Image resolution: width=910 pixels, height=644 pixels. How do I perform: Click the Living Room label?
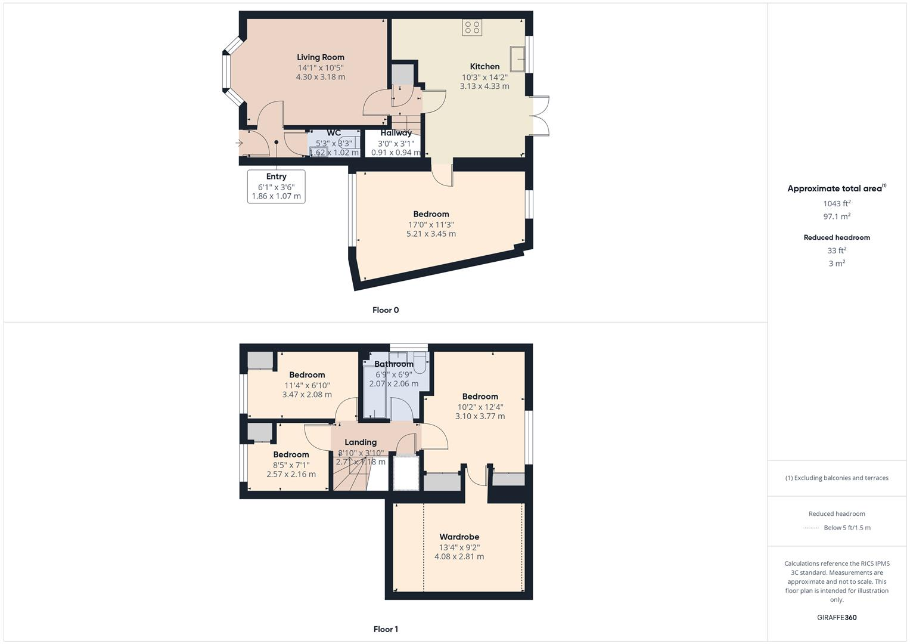321,57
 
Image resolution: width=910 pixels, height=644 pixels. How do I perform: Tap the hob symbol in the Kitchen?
472,27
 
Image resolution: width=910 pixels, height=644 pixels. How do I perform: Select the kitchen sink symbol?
517,58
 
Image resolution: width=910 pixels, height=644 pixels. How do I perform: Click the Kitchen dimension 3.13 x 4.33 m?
484,86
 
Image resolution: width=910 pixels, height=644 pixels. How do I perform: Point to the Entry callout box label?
276,177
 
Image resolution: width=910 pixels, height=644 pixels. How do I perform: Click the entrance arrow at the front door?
240,143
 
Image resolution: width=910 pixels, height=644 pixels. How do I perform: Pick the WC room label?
334,133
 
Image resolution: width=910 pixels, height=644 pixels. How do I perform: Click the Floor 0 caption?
386,310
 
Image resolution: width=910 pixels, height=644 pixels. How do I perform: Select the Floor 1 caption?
386,629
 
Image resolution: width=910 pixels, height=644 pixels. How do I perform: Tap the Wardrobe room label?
459,537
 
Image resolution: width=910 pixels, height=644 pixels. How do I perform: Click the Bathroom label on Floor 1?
393,364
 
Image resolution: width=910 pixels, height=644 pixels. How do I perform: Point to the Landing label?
361,442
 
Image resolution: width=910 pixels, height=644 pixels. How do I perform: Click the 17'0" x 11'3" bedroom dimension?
431,225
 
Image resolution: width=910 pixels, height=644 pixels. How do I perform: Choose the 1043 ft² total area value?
837,203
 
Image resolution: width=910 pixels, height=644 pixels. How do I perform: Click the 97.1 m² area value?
837,216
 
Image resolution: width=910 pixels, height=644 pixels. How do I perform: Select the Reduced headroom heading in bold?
837,237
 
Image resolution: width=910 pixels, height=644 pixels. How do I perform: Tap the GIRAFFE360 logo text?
837,617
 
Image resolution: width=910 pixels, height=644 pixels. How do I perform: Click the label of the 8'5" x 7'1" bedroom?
291,454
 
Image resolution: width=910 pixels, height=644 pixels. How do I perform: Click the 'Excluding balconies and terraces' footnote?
837,478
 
